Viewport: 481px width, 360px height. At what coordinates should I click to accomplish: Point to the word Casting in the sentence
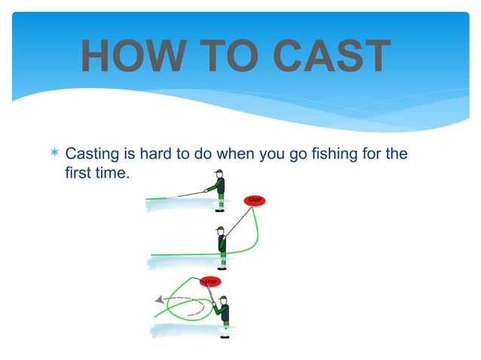93,156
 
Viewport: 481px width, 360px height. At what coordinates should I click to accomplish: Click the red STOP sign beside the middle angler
255,200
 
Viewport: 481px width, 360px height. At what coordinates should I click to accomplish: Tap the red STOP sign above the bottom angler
210,282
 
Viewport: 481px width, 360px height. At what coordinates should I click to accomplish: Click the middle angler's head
219,231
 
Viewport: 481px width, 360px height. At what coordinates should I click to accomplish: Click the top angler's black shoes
221,212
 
